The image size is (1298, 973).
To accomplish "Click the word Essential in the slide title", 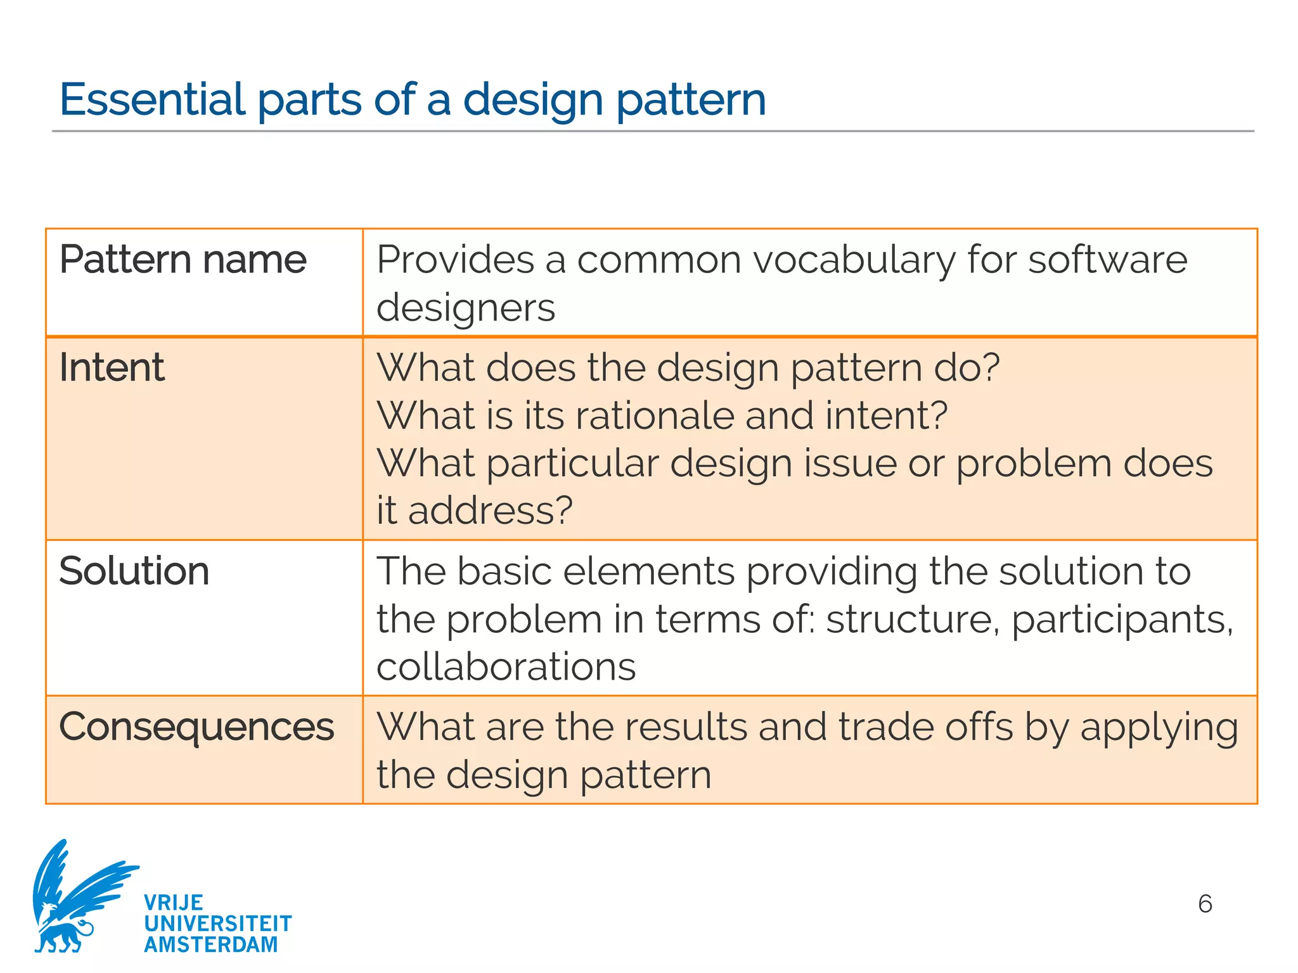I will [x=152, y=99].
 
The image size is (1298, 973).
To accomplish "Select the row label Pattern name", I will [x=183, y=260].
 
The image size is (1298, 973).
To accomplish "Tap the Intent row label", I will [x=112, y=367].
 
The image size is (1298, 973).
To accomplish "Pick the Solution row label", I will [x=134, y=571].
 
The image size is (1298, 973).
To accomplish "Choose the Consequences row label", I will [x=196, y=726].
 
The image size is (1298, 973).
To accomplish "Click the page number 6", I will [x=1205, y=903].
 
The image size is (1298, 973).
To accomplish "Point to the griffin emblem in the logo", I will [x=76, y=896].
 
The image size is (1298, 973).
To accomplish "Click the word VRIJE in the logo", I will [x=174, y=902].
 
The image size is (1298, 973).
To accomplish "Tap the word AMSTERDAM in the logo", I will [x=211, y=944].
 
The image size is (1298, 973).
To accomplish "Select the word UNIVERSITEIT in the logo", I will [x=218, y=924].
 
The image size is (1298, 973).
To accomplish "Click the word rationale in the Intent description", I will [x=654, y=416].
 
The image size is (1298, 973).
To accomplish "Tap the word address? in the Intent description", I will [x=490, y=511].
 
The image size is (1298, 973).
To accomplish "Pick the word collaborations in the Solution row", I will [x=506, y=666].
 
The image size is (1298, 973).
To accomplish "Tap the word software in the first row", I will [x=1107, y=260].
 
